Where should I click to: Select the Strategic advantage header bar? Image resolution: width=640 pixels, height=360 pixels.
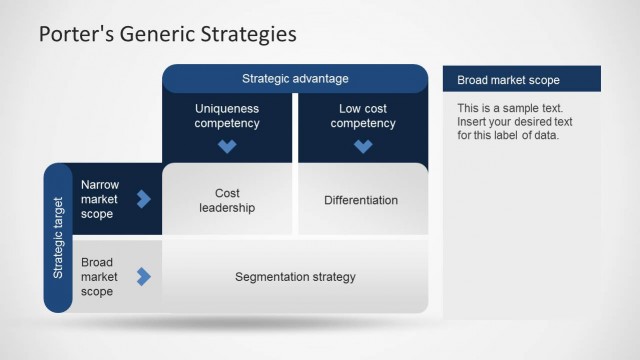pos(295,78)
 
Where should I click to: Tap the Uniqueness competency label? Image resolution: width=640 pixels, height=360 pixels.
pos(227,115)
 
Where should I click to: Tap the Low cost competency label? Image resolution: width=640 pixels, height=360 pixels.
pos(363,115)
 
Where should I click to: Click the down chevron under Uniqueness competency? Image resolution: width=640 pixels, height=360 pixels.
pos(227,146)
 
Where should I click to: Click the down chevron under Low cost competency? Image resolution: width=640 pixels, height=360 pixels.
pos(363,146)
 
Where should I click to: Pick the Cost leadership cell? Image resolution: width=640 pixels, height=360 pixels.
pos(227,200)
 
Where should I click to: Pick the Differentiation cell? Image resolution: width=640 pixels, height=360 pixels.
pos(361,200)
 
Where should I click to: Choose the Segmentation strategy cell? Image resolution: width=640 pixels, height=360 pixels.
pos(295,277)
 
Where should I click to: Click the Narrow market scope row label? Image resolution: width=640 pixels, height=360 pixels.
pos(100,199)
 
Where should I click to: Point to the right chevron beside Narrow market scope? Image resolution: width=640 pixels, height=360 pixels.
pos(143,199)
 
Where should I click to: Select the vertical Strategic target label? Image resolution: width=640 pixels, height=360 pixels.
pos(58,238)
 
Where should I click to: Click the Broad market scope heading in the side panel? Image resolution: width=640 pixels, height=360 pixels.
pos(508,80)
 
